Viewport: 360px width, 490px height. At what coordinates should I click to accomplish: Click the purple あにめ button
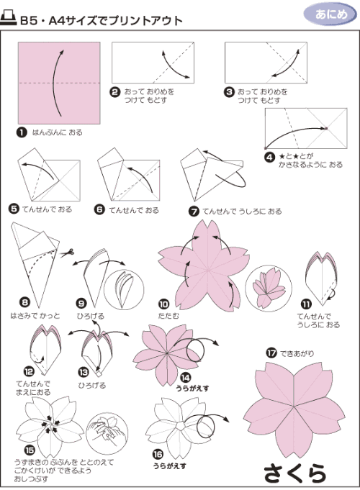pos(330,14)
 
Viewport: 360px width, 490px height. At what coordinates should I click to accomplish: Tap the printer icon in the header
pos(8,18)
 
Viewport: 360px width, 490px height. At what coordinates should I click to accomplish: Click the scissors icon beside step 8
pos(67,253)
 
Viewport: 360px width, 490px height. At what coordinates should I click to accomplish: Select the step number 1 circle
pos(22,132)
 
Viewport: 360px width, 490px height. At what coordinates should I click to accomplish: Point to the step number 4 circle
pos(269,157)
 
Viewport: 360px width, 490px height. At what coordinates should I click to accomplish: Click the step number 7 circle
pos(194,212)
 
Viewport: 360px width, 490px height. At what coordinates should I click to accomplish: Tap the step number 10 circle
pos(163,304)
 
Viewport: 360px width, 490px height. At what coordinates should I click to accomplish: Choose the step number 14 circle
pos(186,378)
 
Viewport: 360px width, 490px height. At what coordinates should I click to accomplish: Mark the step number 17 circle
pos(271,353)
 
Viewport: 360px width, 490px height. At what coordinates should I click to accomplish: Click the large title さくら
pos(295,473)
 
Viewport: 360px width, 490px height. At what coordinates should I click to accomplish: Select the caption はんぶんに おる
pos(57,132)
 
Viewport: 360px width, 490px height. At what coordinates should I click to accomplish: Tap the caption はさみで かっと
pos(35,316)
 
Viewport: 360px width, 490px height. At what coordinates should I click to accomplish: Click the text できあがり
pos(297,353)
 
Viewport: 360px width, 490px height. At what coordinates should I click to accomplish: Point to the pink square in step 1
pos(59,83)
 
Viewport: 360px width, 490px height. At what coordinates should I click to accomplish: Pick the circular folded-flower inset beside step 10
pos(269,289)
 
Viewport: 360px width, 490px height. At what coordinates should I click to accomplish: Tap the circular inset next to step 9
pos(124,286)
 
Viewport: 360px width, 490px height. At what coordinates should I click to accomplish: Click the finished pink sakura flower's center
pos(294,407)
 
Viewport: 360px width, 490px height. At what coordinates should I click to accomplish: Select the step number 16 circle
pos(158,454)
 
